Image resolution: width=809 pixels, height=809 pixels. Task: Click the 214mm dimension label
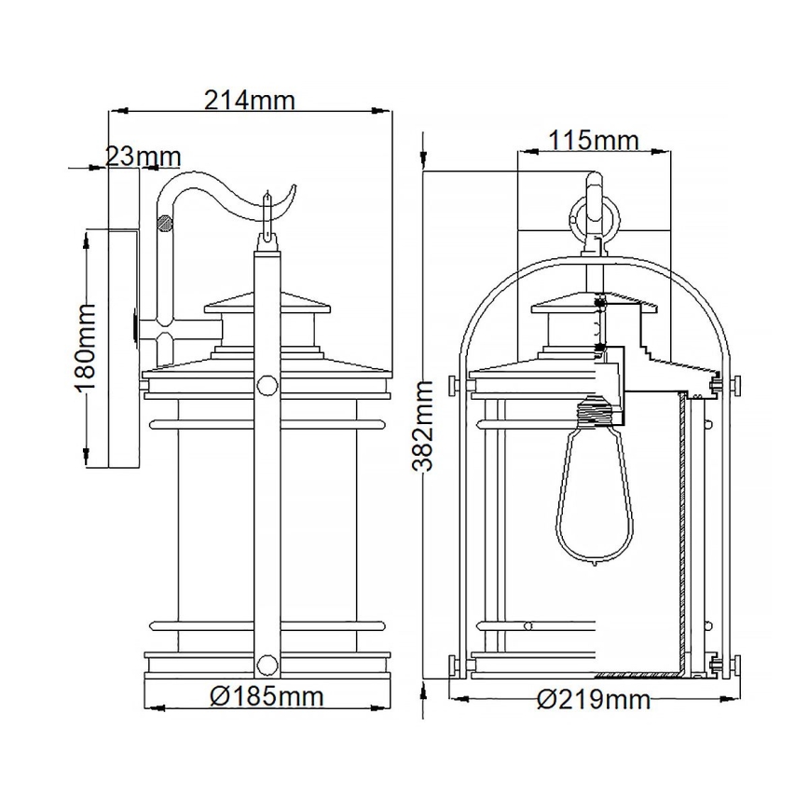point(249,100)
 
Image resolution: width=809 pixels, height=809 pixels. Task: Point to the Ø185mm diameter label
point(267,695)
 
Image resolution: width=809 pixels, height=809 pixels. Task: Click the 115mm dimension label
point(593,141)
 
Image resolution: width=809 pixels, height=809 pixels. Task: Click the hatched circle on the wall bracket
point(165,224)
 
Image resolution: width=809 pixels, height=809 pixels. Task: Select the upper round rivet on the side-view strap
point(267,386)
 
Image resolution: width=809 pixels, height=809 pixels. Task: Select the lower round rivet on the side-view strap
point(267,664)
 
